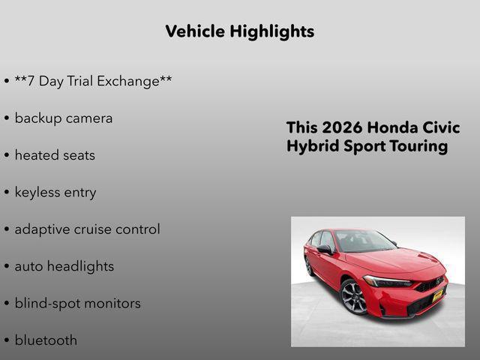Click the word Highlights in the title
tap(272, 31)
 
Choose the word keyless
tap(37, 192)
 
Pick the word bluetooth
tap(46, 340)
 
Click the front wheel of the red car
tap(353, 297)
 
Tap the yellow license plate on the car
tap(437, 295)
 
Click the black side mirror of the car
tap(324, 249)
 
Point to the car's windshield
tap(363, 241)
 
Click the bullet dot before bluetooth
tap(7, 340)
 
